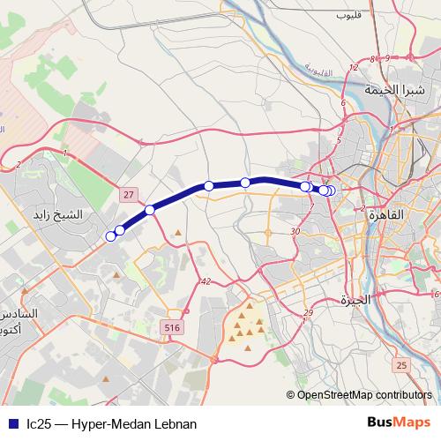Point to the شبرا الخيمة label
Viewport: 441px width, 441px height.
(400, 91)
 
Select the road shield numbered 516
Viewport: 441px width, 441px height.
(174, 327)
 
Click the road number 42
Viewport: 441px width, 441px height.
(206, 281)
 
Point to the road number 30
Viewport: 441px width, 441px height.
(295, 231)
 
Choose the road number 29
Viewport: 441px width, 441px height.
(308, 314)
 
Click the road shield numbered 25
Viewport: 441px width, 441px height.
(402, 365)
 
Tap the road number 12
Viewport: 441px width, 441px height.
(354, 68)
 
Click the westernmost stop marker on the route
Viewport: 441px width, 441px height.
(111, 235)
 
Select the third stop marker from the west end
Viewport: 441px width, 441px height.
(151, 210)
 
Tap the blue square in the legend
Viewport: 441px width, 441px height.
(11, 423)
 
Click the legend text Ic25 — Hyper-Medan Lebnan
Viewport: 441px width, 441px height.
(104, 423)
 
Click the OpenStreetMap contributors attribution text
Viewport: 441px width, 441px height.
(364, 395)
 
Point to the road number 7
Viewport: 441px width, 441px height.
(311, 206)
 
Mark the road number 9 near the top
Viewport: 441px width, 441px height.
(373, 59)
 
